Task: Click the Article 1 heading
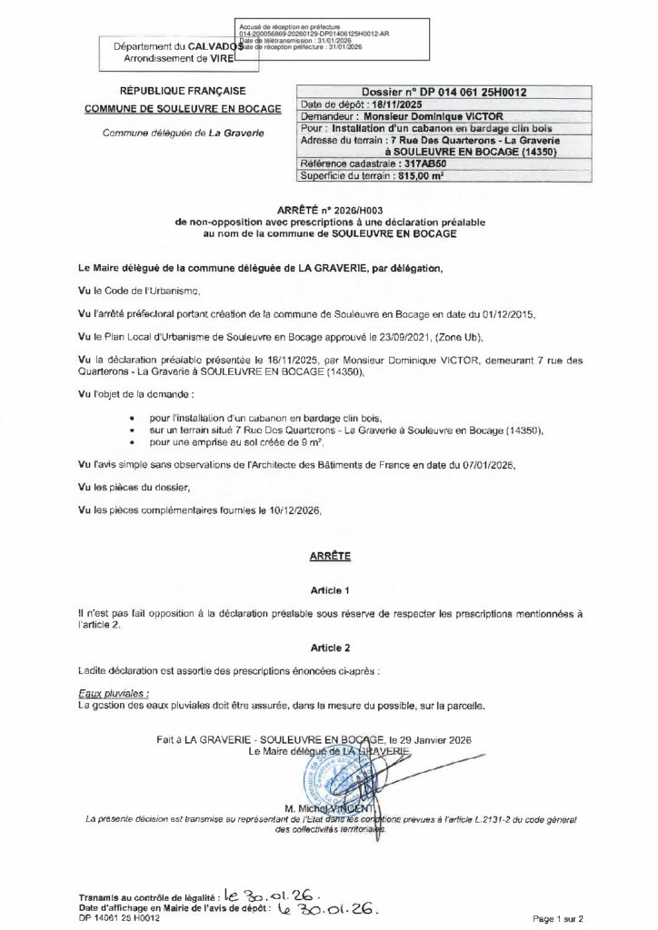point(329,589)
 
